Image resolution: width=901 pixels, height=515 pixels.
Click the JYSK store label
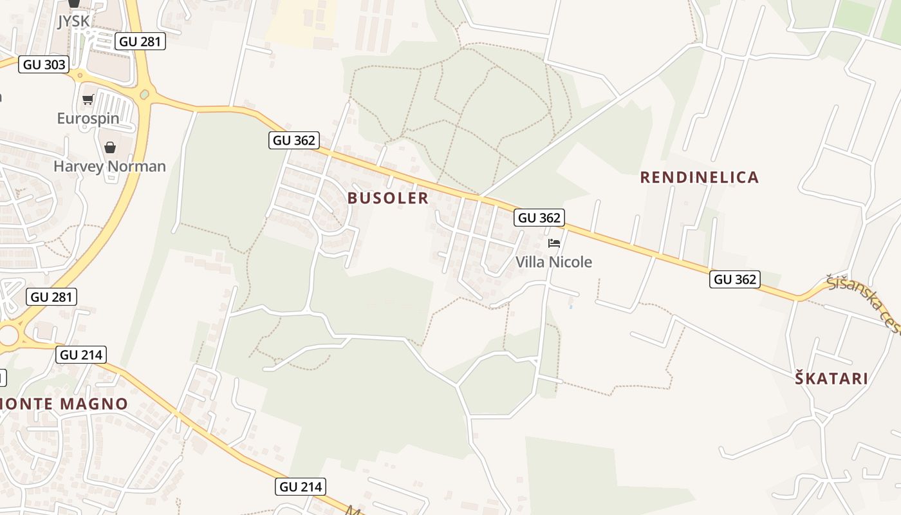point(73,21)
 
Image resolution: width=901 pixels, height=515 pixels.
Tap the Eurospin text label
point(88,118)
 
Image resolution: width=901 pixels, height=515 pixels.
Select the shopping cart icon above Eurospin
point(88,99)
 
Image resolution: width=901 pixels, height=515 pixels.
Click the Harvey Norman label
point(109,166)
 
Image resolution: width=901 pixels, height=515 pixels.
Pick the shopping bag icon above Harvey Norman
point(110,147)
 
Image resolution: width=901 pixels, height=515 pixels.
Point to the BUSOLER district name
point(388,198)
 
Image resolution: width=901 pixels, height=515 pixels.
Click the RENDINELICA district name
point(699,177)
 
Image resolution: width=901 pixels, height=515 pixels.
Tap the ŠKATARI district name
point(831,379)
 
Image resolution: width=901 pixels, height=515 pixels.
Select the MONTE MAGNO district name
point(64,404)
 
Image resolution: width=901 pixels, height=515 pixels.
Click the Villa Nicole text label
point(553,262)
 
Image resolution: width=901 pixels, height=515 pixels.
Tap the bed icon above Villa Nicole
point(553,243)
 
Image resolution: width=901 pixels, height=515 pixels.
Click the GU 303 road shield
point(44,64)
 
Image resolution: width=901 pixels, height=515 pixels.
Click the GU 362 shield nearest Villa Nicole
point(539,218)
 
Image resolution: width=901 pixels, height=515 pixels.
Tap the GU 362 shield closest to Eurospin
point(294,140)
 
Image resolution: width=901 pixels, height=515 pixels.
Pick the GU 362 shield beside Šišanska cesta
point(735,279)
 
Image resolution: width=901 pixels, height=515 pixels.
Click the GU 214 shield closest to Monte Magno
point(81,355)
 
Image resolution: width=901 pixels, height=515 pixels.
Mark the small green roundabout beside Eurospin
point(144,95)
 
